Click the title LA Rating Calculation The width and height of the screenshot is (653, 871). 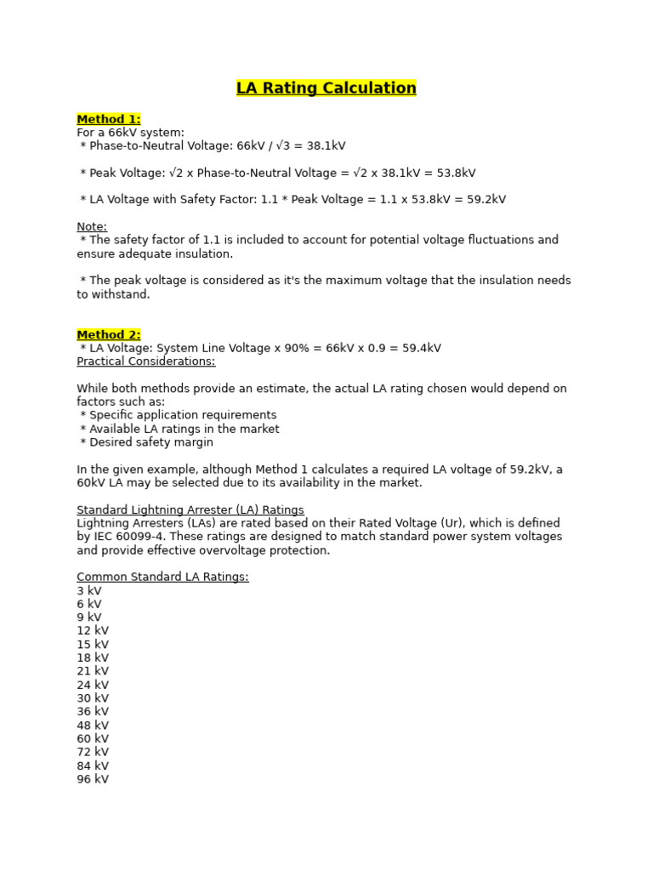point(326,88)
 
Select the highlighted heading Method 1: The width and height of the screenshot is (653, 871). point(109,119)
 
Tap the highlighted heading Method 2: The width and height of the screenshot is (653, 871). point(109,335)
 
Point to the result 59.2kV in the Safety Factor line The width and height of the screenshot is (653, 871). point(481,200)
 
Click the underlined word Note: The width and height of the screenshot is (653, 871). point(92,227)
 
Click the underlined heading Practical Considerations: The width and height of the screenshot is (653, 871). point(146,361)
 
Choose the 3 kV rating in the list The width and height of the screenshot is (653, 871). point(89,591)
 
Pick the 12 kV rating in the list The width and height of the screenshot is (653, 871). point(93,631)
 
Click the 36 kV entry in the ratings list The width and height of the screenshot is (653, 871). point(93,712)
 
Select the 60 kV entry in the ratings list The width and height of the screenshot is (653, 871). point(93,739)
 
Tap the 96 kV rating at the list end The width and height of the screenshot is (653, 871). point(93,779)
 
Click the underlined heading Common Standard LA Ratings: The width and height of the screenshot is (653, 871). point(162,578)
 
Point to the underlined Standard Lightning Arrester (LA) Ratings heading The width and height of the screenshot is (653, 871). point(190,510)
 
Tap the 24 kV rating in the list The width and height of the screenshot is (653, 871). point(93,686)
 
